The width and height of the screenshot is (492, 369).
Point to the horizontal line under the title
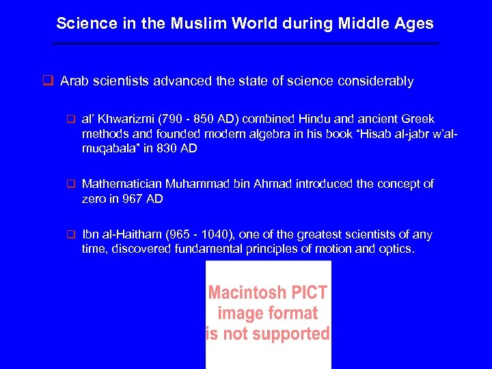pyautogui.click(x=246, y=44)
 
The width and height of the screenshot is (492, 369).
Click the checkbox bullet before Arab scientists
pyautogui.click(x=48, y=81)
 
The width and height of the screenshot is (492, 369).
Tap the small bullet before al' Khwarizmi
pyautogui.click(x=69, y=120)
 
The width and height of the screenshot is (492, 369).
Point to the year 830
pyautogui.click(x=167, y=148)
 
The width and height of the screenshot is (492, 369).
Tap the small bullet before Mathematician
pyautogui.click(x=69, y=184)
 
